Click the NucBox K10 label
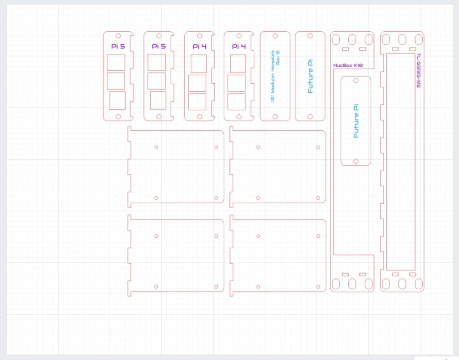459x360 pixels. point(348,65)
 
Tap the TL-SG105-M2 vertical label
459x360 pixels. point(419,70)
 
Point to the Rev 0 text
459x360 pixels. point(278,58)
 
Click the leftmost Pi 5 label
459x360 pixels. point(118,46)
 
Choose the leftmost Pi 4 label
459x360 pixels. point(199,46)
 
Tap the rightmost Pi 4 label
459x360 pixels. point(239,46)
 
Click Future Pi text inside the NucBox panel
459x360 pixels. point(356,121)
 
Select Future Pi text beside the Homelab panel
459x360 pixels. point(310,76)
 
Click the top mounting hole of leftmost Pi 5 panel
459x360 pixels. point(118,36)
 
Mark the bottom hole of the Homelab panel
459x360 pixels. point(275,117)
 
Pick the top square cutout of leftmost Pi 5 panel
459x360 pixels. point(116,62)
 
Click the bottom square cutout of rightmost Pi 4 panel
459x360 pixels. point(237,102)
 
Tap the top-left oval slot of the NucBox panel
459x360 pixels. point(336,39)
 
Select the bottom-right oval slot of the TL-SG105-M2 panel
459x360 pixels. point(419,284)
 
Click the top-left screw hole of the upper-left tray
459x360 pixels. point(156,147)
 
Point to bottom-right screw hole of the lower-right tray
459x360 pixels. point(318,287)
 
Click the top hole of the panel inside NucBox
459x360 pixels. point(356,81)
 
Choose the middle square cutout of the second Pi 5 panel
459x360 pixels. point(156,81)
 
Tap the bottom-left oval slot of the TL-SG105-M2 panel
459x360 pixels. point(386,284)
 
